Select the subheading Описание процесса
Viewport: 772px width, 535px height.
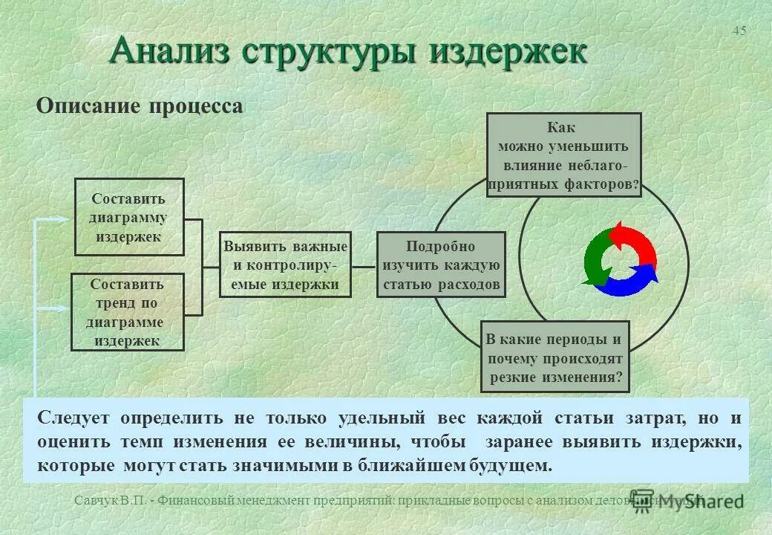[x=140, y=106]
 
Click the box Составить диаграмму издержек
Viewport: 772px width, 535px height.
[x=129, y=217]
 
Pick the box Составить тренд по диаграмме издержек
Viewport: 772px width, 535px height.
[x=128, y=312]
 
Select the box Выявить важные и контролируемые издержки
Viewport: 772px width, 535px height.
[x=285, y=265]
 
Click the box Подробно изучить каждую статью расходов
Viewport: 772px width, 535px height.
[x=441, y=265]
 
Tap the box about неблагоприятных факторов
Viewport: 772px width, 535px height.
[x=563, y=155]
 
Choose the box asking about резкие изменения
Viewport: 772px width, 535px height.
[x=555, y=357]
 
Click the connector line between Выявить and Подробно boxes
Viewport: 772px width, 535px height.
[x=364, y=265]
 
